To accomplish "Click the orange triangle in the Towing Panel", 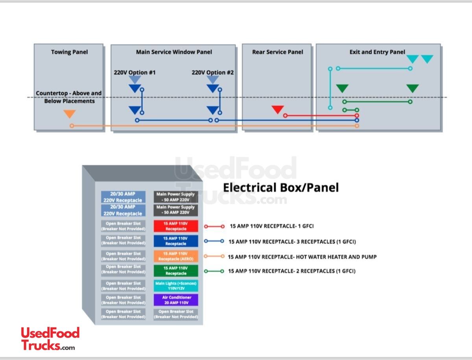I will [x=70, y=114].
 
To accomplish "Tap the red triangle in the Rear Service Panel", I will [x=278, y=109].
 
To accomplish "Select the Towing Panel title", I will [x=69, y=52].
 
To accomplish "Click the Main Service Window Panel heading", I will [x=174, y=52].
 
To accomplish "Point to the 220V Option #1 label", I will [x=135, y=72].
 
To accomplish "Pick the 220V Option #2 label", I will [x=213, y=72].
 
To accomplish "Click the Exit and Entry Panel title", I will [x=377, y=52].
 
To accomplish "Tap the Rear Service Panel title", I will [x=278, y=52].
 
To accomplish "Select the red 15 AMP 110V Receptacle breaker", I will [x=176, y=226].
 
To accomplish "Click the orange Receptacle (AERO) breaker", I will [x=176, y=256].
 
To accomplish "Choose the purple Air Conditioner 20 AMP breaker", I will [x=176, y=300].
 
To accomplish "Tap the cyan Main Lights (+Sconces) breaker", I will [x=176, y=285].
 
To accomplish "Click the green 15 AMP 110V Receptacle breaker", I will [x=176, y=271].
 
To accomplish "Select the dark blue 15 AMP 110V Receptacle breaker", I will [x=176, y=241].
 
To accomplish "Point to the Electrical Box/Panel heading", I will [x=280, y=187].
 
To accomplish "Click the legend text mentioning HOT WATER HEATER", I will [x=302, y=257].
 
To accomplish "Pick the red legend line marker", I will [x=214, y=226].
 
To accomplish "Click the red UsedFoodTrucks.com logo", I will [x=50, y=338].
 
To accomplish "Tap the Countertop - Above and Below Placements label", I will [x=69, y=97].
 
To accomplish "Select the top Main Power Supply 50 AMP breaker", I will [x=175, y=197].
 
